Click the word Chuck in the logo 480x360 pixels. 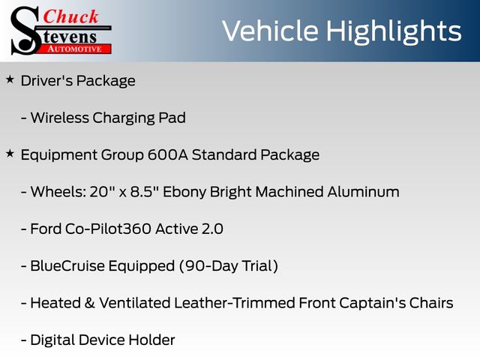70,16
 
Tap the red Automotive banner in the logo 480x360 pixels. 75,49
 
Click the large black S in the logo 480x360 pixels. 25,31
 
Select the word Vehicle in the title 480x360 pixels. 270,31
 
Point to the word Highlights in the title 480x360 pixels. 393,32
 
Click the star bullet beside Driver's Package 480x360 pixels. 10,80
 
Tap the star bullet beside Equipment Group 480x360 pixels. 10,153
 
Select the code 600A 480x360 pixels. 167,154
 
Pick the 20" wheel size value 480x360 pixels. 100,192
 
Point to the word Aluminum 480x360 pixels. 363,192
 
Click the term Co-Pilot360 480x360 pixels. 108,229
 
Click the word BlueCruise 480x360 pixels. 67,265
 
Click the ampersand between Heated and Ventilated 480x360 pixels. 89,303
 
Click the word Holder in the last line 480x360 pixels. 151,340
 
